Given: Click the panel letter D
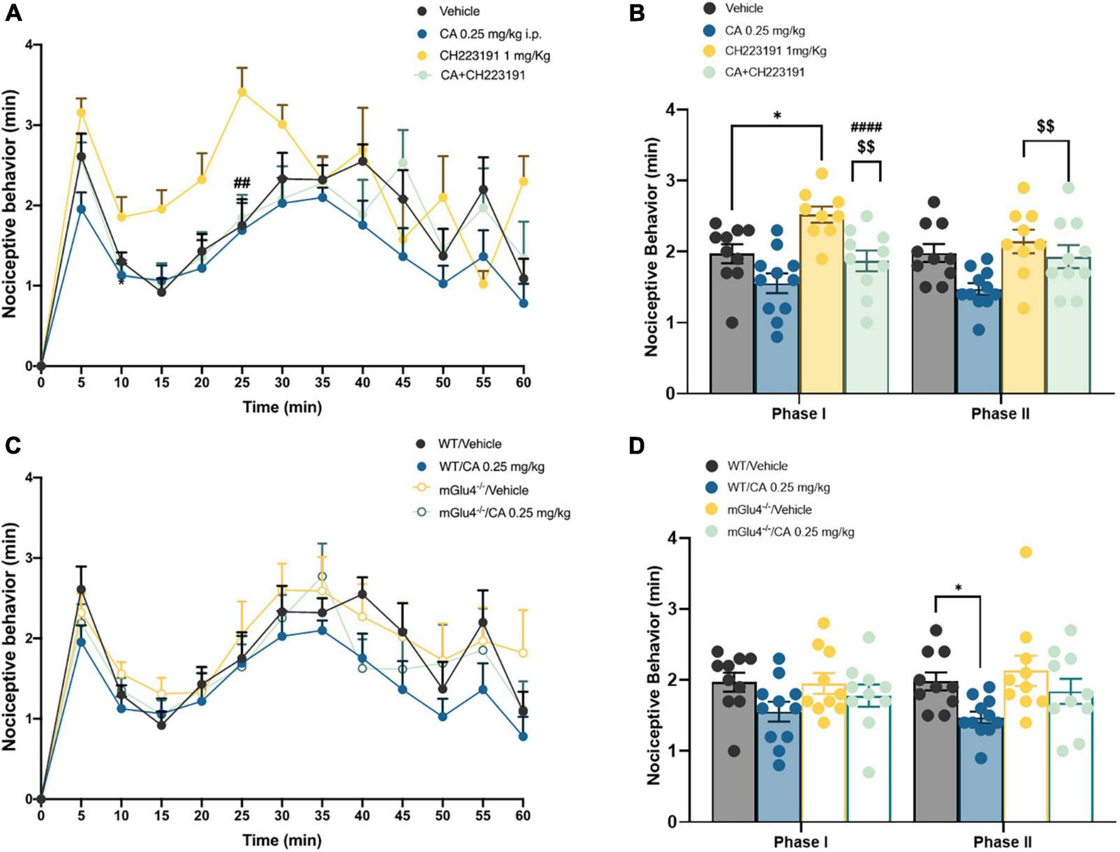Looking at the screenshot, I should (x=637, y=447).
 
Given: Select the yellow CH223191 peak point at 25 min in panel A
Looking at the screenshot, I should (x=242, y=91).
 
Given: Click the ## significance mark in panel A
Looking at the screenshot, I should (x=242, y=184).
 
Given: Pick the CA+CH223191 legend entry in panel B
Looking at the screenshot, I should (x=765, y=72).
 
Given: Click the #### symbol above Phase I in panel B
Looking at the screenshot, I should (x=867, y=127).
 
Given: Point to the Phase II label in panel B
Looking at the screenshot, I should (x=1000, y=414).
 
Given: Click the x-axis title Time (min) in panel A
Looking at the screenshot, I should (x=282, y=406).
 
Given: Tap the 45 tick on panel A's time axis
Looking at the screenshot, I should (x=403, y=382).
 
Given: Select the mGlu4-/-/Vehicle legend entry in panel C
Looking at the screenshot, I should (x=483, y=490).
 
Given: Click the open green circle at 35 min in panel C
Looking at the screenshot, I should (x=322, y=576).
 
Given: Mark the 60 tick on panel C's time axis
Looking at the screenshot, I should (x=523, y=815).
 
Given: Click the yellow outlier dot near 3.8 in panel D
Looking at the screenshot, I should (x=1026, y=553).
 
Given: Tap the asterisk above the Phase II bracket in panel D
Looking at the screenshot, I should (x=958, y=588).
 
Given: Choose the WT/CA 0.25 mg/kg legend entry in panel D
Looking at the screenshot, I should (x=779, y=488).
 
